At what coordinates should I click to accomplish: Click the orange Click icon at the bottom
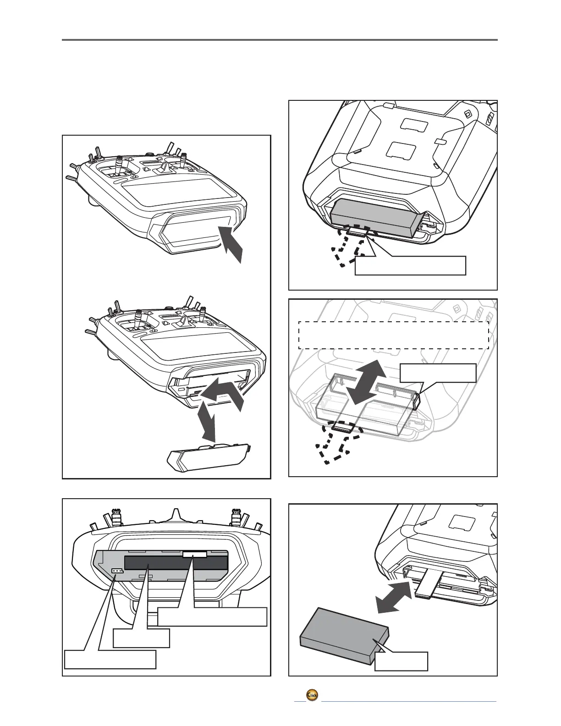[x=312, y=694]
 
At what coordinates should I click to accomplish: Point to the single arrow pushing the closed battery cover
[x=232, y=244]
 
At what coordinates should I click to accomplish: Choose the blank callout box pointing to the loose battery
[x=401, y=661]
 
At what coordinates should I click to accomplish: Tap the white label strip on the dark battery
[x=194, y=555]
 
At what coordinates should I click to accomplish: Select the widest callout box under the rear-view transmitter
[x=212, y=616]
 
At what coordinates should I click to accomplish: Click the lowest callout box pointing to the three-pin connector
[x=110, y=659]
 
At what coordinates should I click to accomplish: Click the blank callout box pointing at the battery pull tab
[x=410, y=266]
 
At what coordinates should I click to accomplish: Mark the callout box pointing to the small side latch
[x=438, y=373]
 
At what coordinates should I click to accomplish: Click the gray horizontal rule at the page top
[x=280, y=40]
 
